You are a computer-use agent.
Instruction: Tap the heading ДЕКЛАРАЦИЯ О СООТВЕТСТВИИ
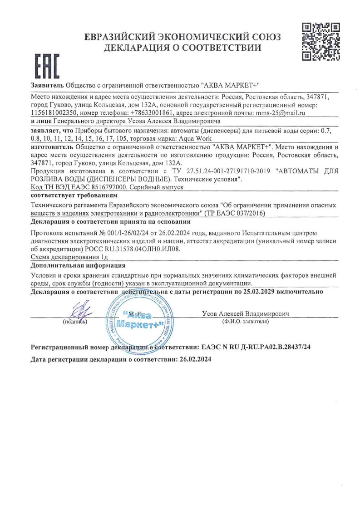tap(182, 47)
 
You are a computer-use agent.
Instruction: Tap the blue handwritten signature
tap(78, 311)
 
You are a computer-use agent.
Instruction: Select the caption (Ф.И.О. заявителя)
tap(246, 321)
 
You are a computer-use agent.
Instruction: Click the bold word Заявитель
tap(47, 85)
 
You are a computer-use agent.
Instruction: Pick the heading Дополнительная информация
tap(78, 265)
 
